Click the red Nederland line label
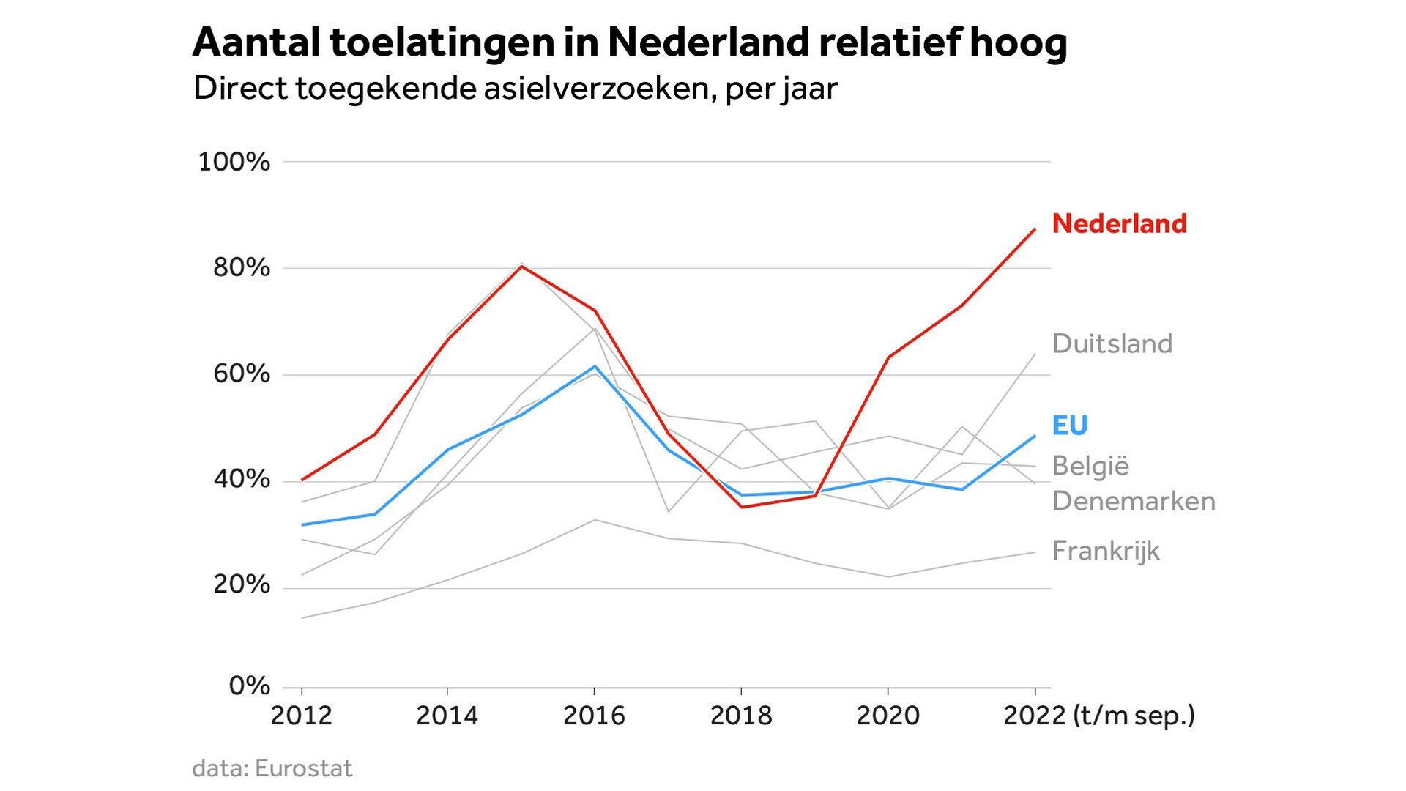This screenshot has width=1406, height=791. coord(1119,223)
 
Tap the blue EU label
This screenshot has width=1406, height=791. coord(1070,426)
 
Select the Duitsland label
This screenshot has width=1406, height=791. coord(1112,343)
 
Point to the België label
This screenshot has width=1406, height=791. coord(1090,466)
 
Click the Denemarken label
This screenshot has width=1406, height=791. coord(1134,501)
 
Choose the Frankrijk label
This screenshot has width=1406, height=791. coord(1106,551)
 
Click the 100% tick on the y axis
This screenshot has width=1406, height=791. coord(234,162)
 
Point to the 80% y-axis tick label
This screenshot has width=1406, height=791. coord(242,268)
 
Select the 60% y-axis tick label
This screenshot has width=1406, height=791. coord(242,374)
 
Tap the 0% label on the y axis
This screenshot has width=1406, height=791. coord(250,686)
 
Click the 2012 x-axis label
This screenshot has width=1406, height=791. coord(302,716)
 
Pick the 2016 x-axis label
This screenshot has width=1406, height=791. coord(594,716)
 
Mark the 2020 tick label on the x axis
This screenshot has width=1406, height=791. coord(888,716)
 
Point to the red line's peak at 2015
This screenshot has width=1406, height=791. coord(521,266)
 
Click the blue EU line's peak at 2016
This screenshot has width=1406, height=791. coord(595,366)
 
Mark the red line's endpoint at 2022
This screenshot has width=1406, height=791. coord(1035,229)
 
